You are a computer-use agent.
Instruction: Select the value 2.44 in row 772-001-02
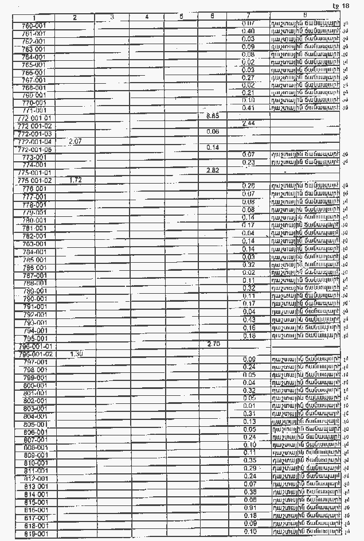point(249,124)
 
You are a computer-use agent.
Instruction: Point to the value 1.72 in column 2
point(75,180)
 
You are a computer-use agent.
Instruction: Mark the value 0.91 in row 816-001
point(249,508)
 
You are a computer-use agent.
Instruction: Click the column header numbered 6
point(213,17)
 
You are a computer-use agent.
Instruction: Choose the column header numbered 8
point(304,15)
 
